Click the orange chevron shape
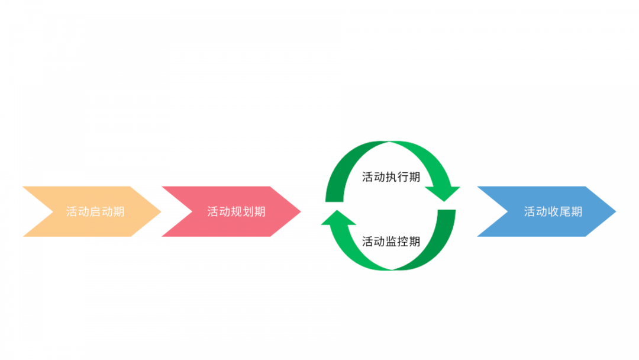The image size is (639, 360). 98,211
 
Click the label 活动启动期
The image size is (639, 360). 95,211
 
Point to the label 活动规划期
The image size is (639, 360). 236,211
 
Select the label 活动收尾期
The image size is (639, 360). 553,211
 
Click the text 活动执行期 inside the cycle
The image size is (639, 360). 391,177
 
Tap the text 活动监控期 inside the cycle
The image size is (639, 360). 391,242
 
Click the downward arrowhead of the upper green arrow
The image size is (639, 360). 443,193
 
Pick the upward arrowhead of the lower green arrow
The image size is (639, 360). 338,218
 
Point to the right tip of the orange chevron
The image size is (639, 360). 161,211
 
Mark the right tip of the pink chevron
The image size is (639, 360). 301,211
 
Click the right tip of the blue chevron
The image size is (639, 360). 616,211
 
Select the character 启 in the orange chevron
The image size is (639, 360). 95,211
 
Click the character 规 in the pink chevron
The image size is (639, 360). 236,211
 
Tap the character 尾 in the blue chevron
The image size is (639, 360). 565,211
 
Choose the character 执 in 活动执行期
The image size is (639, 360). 391,177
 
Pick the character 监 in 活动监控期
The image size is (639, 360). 391,242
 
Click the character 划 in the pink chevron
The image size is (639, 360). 248,211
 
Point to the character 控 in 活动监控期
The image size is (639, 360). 403,242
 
